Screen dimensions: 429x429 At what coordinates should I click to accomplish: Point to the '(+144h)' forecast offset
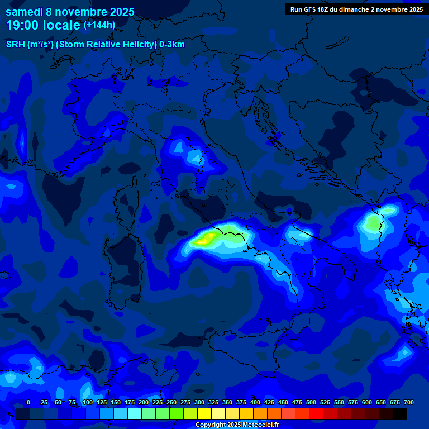99,25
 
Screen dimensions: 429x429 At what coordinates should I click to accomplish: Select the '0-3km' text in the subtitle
171,45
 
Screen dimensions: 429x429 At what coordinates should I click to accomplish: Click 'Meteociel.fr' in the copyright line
259,425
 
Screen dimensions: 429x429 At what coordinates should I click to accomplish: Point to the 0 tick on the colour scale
28,402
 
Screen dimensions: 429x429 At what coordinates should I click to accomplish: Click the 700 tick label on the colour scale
408,402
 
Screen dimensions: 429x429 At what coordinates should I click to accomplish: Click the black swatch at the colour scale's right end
400,413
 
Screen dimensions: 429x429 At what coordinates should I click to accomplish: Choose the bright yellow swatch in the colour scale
204,413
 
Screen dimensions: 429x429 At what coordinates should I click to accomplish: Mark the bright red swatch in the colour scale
316,413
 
